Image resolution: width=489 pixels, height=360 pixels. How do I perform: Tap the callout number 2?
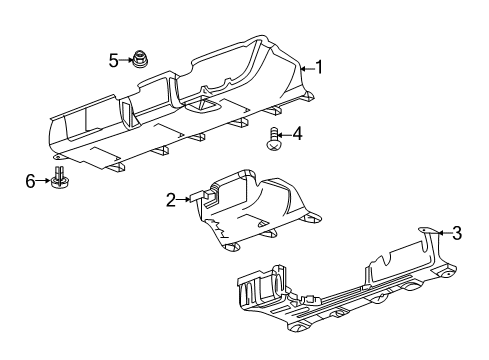coord(171,199)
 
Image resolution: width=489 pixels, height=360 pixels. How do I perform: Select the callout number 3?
coord(457,234)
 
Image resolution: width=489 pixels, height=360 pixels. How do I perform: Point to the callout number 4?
coord(297,133)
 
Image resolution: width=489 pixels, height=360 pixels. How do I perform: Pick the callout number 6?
coord(30,179)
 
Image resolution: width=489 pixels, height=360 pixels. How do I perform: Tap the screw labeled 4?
coord(273,138)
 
